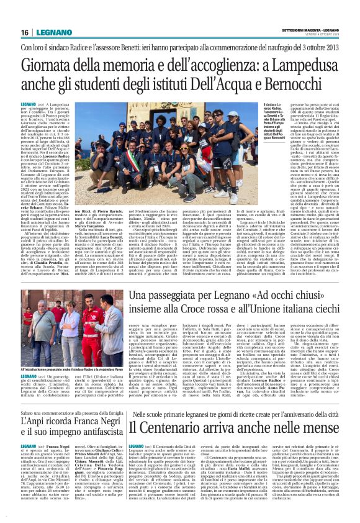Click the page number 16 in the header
(25, 32)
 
